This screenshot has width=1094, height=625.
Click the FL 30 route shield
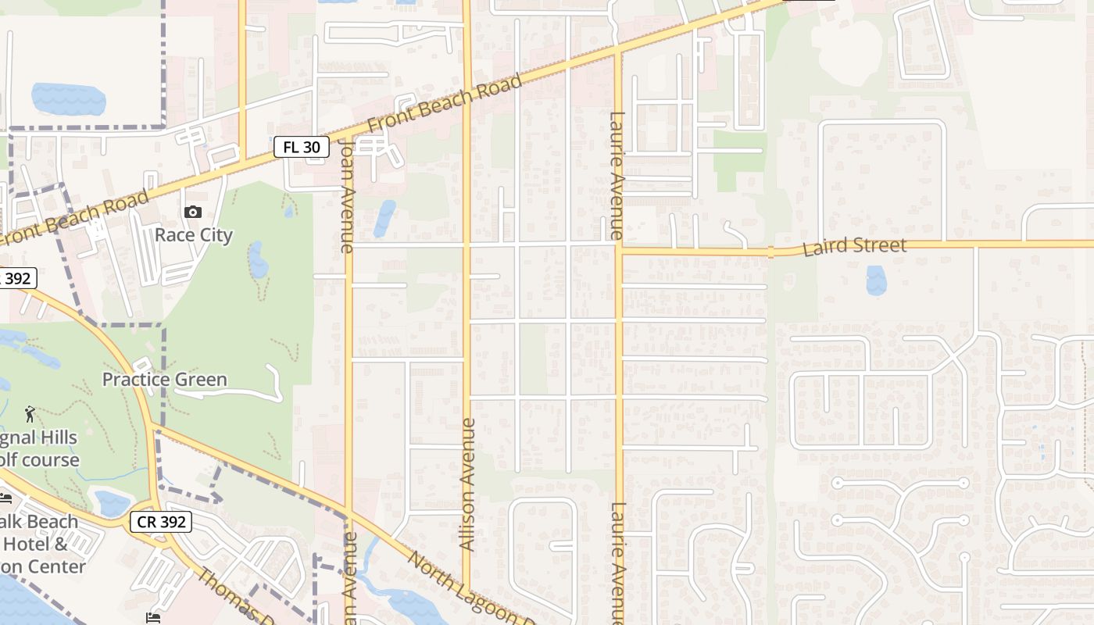point(301,147)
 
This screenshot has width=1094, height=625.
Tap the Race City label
point(193,235)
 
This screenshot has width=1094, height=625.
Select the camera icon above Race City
point(192,212)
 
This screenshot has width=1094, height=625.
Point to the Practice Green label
point(165,380)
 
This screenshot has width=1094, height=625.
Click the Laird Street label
point(854,247)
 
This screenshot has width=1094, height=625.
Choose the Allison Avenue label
point(467,484)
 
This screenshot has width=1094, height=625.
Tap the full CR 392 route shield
point(161,522)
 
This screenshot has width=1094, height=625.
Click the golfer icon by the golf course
point(30,413)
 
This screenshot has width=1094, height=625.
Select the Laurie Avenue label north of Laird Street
point(617,176)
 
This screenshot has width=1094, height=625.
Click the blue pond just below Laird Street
point(876,280)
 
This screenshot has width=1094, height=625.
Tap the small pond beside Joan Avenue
point(384,218)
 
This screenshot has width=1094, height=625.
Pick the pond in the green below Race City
point(257,260)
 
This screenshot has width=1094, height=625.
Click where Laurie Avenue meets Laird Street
point(618,251)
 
